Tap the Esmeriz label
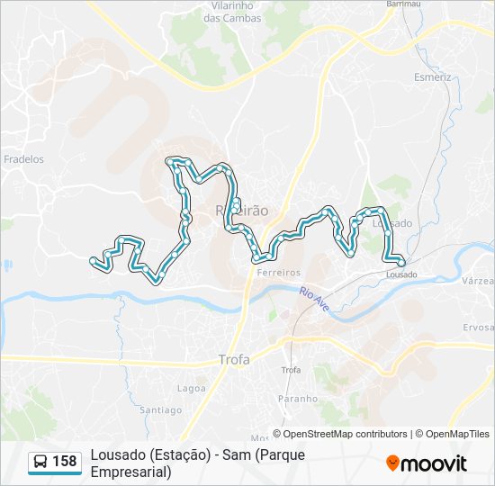432,77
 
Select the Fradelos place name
23,159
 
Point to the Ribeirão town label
243,210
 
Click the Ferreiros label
277,272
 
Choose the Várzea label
476,282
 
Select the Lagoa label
192,388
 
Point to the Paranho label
297,399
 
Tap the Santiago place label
162,410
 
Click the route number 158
65,462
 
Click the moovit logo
427,463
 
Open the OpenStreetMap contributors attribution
346,434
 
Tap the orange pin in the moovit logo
392,463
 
